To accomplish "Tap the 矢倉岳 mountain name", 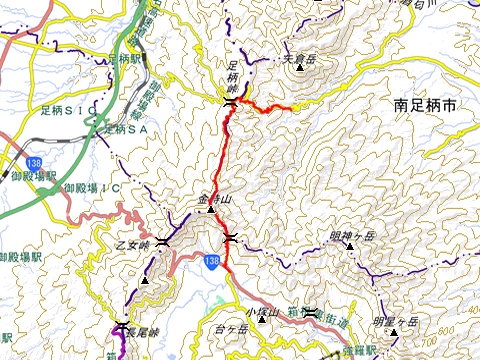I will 299,58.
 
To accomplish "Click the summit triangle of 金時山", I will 211,210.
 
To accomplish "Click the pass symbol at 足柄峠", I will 231,103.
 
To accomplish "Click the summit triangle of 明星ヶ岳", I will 393,333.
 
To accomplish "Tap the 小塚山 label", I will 260,312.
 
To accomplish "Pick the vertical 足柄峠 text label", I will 233,78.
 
